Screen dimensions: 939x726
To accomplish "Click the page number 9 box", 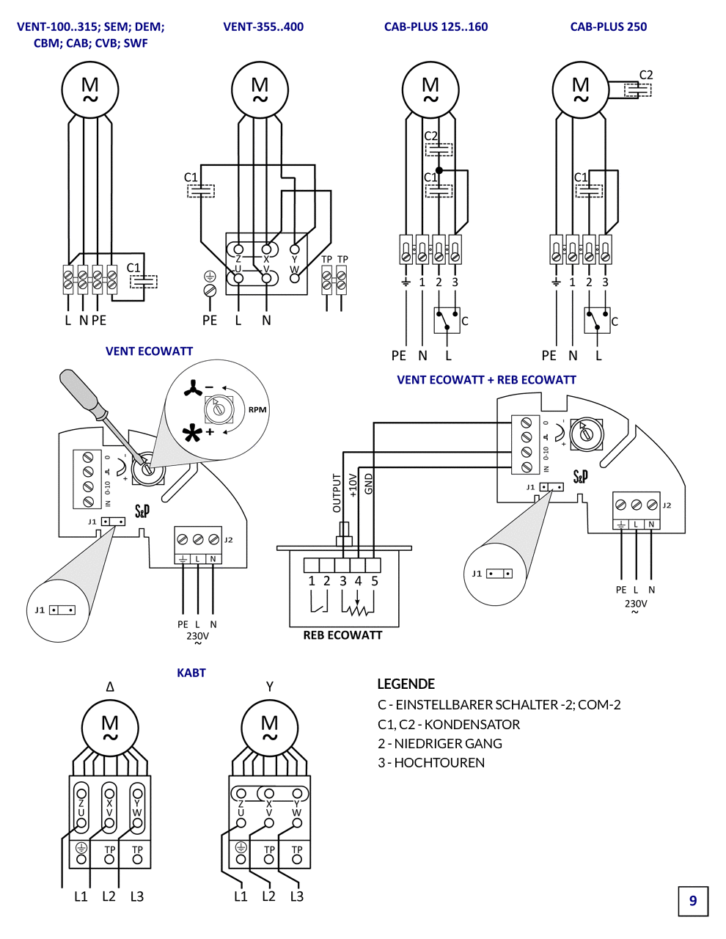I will tap(693, 901).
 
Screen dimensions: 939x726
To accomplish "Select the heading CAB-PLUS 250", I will tap(608, 27).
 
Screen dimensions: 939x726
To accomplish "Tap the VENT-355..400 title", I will tap(263, 27).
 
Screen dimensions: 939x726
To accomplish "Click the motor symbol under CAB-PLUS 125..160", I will tap(430, 89).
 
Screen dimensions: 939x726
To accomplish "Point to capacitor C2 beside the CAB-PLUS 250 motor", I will tap(638, 89).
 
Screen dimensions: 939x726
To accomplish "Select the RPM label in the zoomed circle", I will tap(257, 409).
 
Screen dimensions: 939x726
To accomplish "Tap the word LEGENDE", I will tap(406, 684).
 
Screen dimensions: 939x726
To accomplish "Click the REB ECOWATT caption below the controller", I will tap(342, 635).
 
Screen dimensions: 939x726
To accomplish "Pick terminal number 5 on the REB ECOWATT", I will tap(374, 581).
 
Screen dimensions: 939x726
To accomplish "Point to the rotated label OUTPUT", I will tap(337, 493).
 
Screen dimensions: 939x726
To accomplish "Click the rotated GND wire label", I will tap(369, 483).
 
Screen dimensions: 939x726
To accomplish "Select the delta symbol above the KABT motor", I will tap(110, 687).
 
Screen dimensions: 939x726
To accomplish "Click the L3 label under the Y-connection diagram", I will tap(296, 896).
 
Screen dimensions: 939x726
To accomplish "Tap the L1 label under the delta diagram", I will tap(81, 896).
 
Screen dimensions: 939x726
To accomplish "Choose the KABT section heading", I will tap(191, 673).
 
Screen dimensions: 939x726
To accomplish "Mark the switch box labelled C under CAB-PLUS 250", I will tap(597, 320).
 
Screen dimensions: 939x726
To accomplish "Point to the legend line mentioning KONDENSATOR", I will tap(449, 724).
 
